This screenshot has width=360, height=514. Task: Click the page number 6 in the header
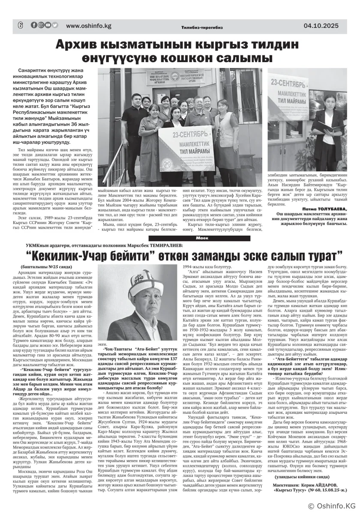[20, 26]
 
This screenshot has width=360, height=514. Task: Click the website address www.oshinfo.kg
[89, 26]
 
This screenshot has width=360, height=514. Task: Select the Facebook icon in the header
[34, 25]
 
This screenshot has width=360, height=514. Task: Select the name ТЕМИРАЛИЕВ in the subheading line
[163, 245]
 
